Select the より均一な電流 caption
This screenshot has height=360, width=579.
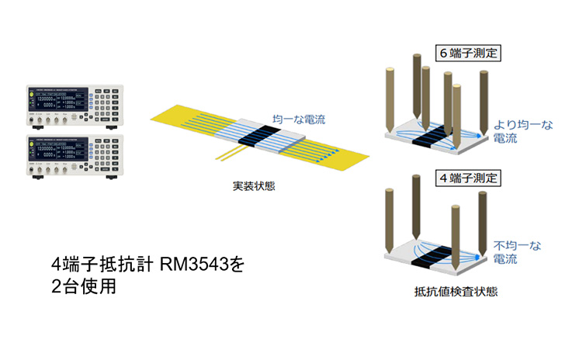pos(518,130)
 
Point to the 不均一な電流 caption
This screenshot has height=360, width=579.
pos(518,251)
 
